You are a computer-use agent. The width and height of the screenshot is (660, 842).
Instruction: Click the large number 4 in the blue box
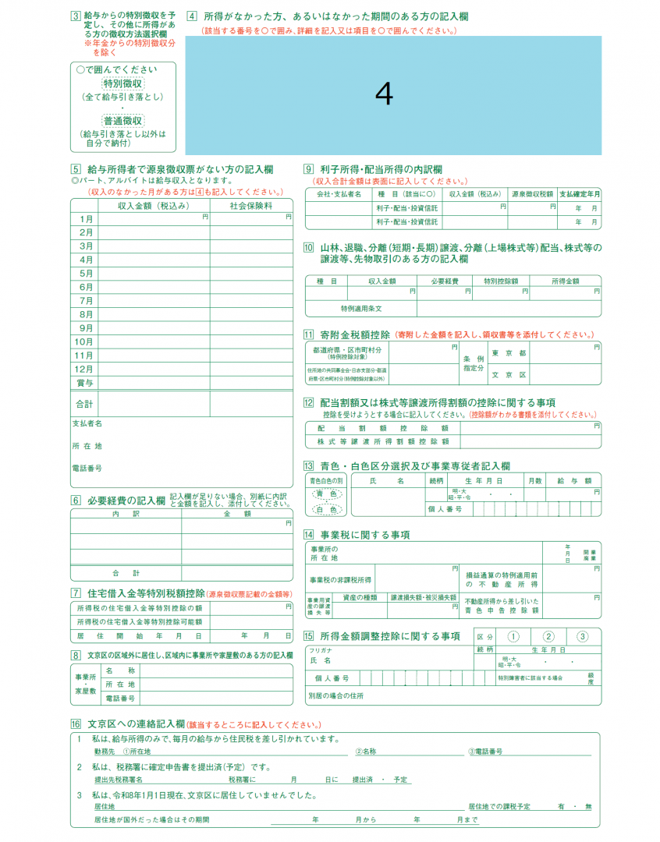click(x=384, y=94)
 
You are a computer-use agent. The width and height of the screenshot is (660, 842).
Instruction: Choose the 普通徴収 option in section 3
click(x=123, y=121)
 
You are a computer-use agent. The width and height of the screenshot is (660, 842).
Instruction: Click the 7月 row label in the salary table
click(x=86, y=301)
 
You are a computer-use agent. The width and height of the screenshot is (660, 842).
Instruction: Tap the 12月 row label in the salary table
click(x=83, y=369)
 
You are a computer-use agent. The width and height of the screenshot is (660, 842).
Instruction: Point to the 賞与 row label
click(x=85, y=383)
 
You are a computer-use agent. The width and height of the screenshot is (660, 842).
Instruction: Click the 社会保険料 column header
click(x=250, y=206)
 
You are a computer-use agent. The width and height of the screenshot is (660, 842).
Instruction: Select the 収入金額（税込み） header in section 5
click(x=154, y=206)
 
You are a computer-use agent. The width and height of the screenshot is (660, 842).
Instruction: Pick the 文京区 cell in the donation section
click(x=509, y=375)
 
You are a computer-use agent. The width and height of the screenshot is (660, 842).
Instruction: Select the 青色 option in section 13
click(x=326, y=494)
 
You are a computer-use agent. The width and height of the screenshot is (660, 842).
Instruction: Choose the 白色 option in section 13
click(x=326, y=509)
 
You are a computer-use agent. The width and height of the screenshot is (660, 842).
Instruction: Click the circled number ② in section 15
click(x=548, y=636)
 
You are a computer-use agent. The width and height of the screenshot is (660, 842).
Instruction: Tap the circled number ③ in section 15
click(x=582, y=636)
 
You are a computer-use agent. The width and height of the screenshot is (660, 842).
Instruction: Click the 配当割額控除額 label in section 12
click(x=382, y=428)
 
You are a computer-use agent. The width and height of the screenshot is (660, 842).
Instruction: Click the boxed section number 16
click(x=76, y=723)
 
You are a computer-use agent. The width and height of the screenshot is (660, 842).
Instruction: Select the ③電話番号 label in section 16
click(x=485, y=752)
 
